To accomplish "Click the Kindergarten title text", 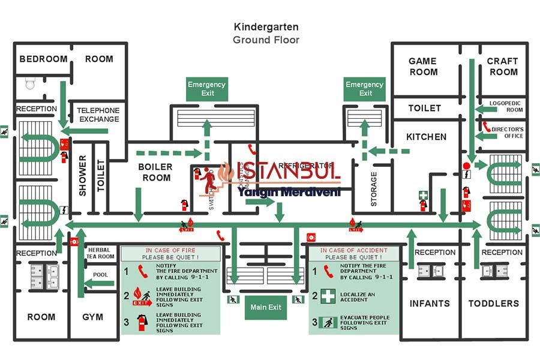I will (266, 27).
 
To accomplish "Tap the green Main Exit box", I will (266, 307).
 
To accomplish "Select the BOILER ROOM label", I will (155, 172).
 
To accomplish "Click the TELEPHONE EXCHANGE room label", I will (98, 115).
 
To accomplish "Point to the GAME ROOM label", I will (423, 67).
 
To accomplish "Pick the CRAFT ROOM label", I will (502, 67).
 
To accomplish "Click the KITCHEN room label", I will (426, 137).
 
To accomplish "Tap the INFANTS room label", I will (430, 304).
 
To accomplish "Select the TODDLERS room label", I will (494, 304).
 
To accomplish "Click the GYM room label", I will (93, 317).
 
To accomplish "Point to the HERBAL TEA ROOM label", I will (100, 253).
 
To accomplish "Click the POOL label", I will (100, 274).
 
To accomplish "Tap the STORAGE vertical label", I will (374, 190).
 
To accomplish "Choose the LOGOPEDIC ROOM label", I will (506, 106).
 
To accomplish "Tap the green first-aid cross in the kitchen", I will (423, 195).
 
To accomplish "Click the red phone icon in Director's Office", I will (487, 127).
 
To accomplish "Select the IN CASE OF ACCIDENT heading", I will (353, 250).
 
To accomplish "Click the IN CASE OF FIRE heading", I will (170, 250).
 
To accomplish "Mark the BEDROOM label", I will (43, 59).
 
